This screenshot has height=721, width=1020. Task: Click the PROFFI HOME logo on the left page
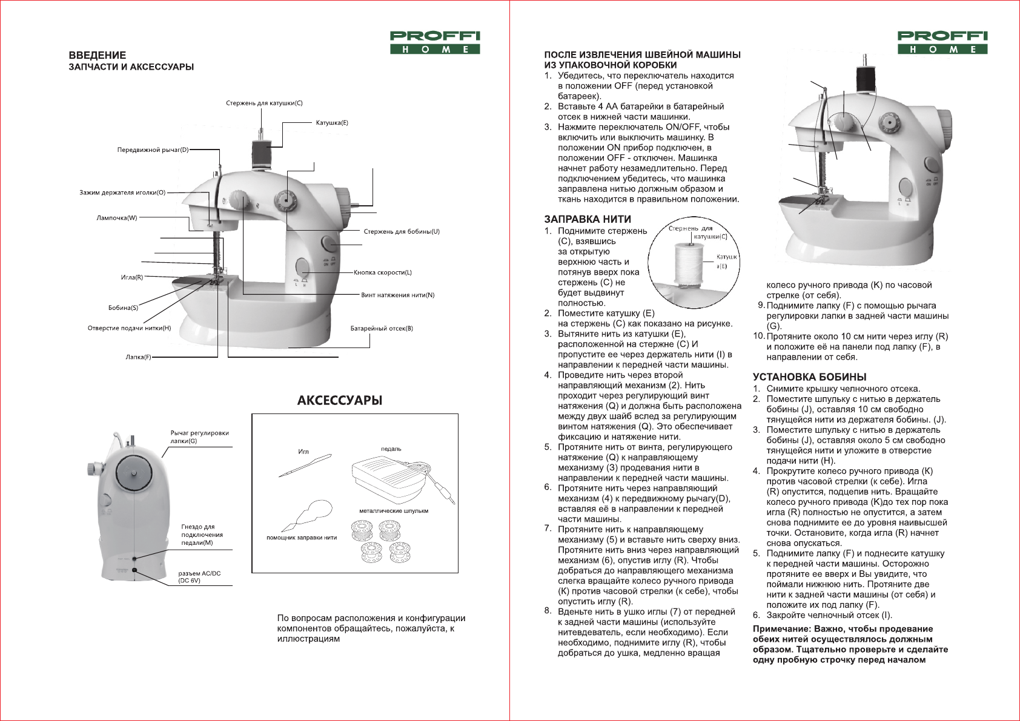click(x=435, y=43)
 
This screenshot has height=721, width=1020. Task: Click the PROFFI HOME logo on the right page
click(x=942, y=43)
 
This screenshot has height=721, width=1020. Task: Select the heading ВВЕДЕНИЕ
click(x=98, y=55)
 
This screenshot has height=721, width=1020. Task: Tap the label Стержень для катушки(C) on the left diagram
click(x=264, y=104)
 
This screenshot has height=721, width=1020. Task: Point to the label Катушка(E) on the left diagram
click(x=332, y=123)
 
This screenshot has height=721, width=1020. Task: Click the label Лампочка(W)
click(x=117, y=218)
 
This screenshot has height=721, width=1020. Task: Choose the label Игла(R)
click(x=132, y=277)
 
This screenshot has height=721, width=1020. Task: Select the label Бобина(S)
click(x=123, y=308)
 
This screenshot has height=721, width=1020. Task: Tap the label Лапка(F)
click(x=138, y=357)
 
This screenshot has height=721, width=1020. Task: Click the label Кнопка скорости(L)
click(x=383, y=272)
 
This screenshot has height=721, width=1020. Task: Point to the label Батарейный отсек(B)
click(x=382, y=329)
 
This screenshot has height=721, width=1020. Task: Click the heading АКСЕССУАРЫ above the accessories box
click(x=340, y=401)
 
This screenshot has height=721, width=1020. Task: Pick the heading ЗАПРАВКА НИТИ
click(x=588, y=219)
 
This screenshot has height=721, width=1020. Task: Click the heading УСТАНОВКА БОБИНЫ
click(x=809, y=377)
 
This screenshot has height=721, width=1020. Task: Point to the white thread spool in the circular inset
click(x=686, y=264)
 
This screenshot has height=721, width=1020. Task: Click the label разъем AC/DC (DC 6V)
click(x=199, y=577)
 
